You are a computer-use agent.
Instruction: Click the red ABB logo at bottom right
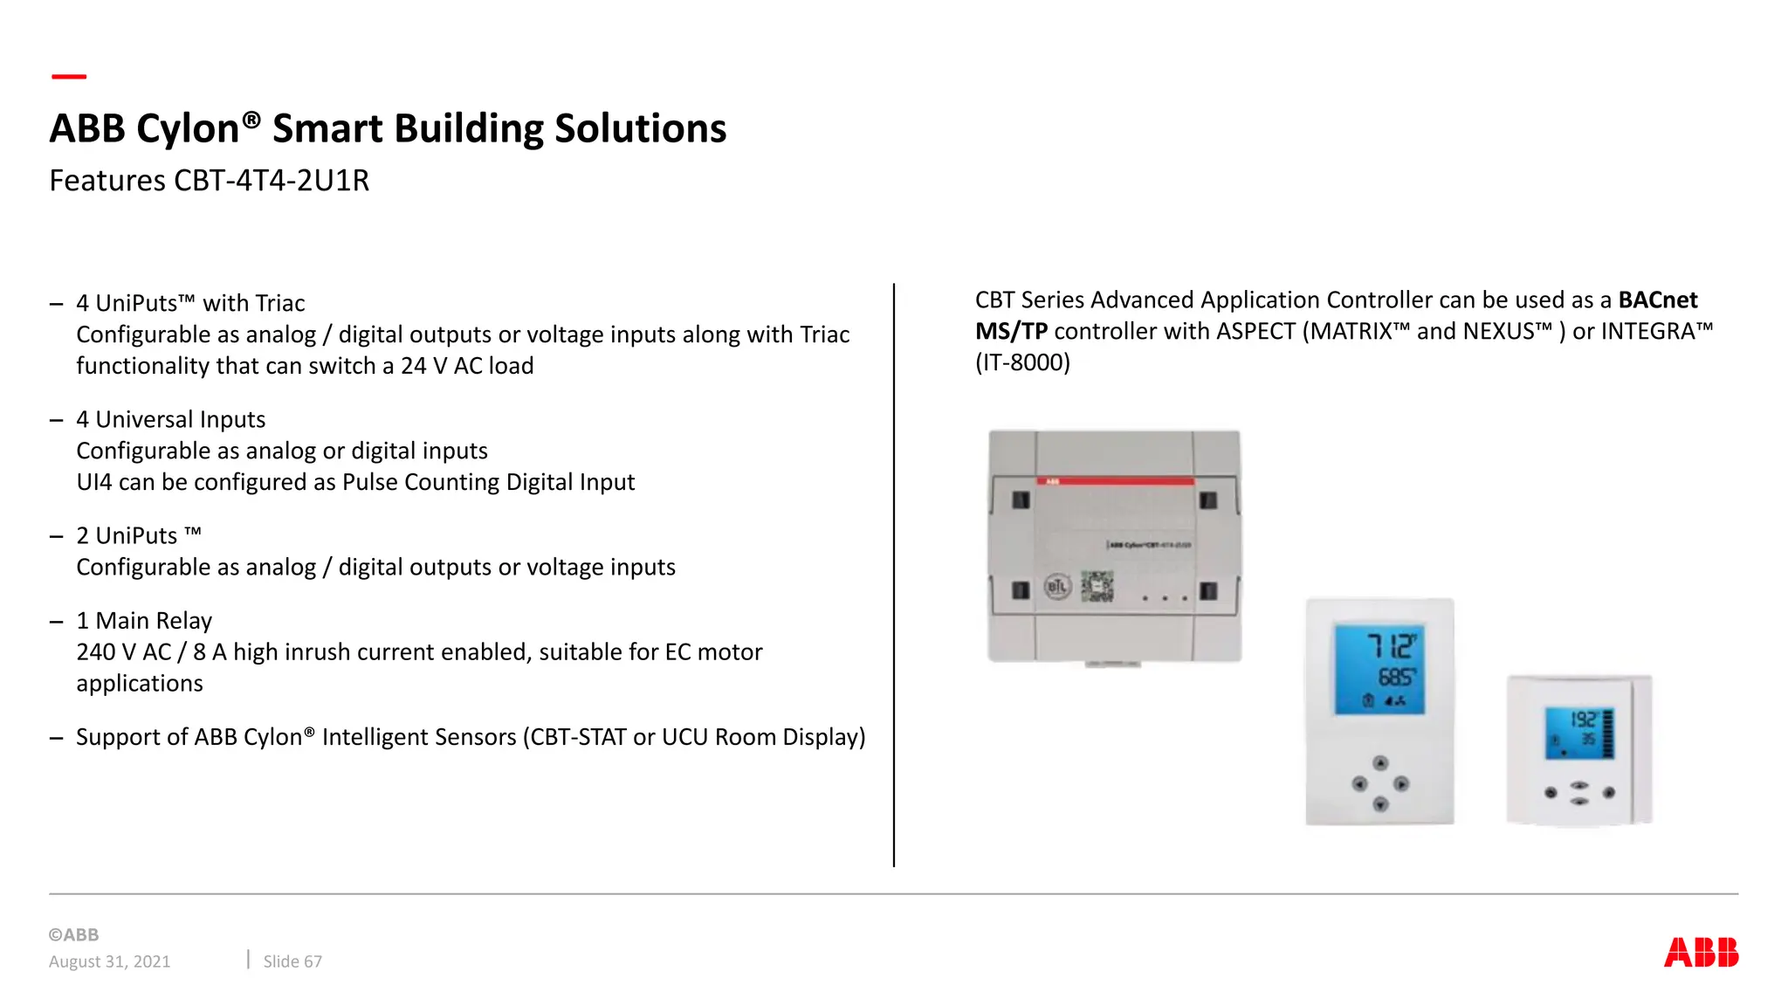1701,952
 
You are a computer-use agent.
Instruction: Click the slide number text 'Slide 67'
292,961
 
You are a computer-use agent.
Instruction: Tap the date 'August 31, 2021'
110,961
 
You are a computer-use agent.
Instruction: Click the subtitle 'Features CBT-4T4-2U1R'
210,181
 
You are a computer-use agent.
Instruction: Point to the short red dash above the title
69,77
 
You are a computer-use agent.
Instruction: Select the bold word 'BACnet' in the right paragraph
1657,300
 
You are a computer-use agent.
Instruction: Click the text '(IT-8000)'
1022,362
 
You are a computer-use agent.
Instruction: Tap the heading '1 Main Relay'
144,621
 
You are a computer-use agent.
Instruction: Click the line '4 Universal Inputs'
170,420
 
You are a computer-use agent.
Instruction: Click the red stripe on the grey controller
1115,481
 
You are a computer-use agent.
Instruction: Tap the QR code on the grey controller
1097,587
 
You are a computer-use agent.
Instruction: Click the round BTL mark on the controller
1057,587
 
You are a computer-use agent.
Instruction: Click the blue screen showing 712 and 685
1379,669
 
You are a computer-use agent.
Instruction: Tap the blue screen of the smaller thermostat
1578,733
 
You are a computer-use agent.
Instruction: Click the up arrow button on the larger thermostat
1380,763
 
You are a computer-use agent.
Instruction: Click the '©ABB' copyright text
74,934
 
